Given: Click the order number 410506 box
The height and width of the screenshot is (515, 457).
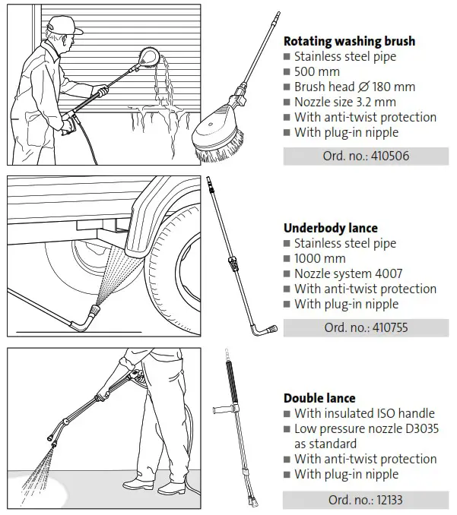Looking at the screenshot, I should click(366, 156).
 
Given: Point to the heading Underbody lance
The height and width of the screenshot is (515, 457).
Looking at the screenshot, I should click(331, 228).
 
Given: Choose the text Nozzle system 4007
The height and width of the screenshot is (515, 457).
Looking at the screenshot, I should click(348, 273).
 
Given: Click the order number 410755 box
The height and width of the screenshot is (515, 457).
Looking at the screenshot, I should click(366, 328).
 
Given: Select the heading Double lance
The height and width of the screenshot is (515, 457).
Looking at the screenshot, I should click(319, 398).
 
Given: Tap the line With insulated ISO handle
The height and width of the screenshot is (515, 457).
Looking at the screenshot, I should click(364, 413).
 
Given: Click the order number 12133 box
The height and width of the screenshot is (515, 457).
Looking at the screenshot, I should click(366, 500).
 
